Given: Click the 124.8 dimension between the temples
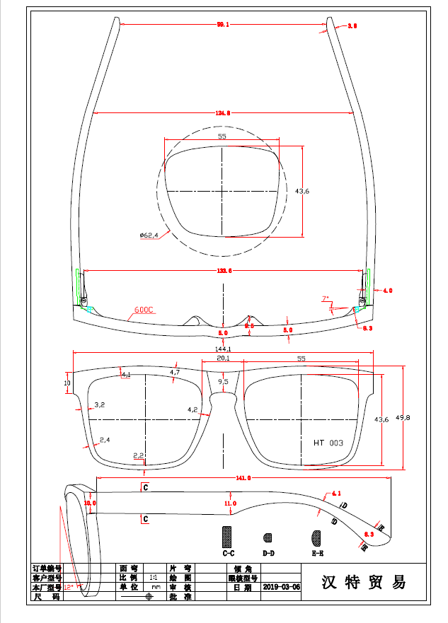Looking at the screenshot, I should (x=223, y=112).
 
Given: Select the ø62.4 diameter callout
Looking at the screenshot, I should (x=149, y=235).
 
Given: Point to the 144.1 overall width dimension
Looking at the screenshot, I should (x=223, y=349).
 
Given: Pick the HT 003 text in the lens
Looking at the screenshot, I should (x=328, y=443).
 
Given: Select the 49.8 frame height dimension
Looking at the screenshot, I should (x=403, y=417).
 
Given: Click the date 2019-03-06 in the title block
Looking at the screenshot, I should (x=281, y=587).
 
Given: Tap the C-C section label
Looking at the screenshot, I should (x=228, y=552).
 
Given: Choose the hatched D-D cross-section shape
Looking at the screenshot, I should (x=268, y=537).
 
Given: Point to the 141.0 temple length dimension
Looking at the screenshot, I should (x=243, y=479).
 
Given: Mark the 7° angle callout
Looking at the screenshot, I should (x=326, y=300).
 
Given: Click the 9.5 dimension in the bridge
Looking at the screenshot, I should (x=224, y=382).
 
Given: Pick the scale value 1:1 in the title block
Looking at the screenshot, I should (x=153, y=578).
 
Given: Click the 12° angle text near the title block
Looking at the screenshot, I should (x=69, y=587).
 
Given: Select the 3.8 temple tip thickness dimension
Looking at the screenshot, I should (x=352, y=25).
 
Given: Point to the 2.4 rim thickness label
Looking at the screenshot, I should (x=104, y=440).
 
